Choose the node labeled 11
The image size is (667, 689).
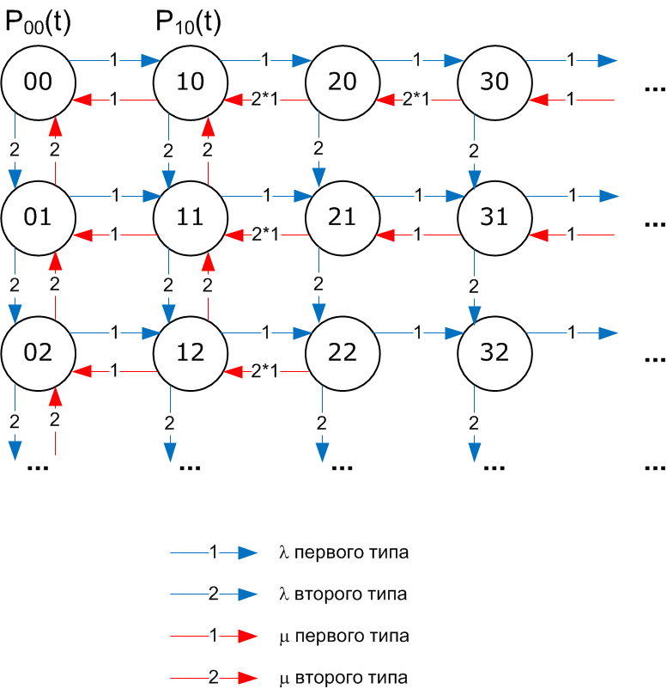(x=190, y=217)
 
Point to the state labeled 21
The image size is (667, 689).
(x=343, y=217)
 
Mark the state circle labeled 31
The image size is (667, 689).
(x=494, y=217)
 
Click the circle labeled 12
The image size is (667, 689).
(x=190, y=352)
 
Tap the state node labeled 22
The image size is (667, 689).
(x=343, y=352)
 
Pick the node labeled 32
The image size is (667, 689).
(x=494, y=352)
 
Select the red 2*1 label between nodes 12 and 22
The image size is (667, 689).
(x=265, y=371)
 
